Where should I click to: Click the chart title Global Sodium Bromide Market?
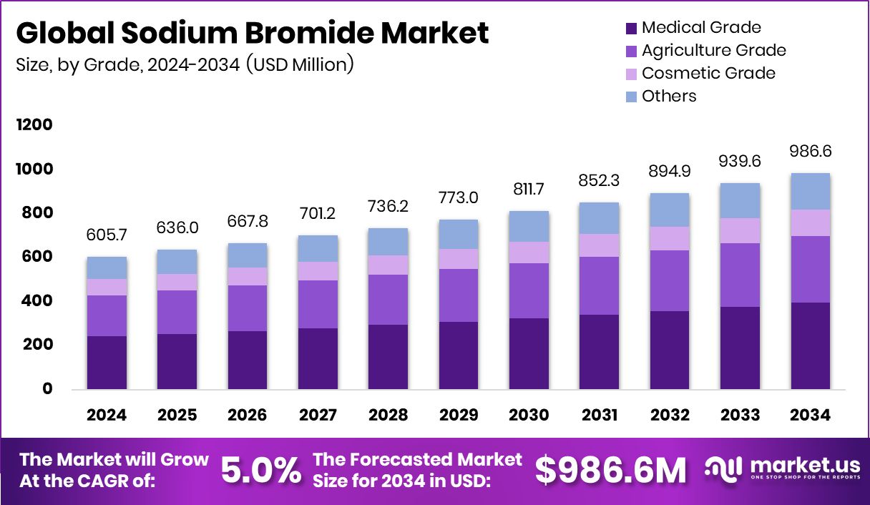253,34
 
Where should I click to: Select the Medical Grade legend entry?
700,28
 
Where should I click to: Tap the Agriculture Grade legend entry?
713,51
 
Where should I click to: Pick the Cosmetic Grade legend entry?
708,73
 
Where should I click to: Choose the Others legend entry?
668,96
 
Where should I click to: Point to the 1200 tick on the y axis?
34,125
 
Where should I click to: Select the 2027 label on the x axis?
318,416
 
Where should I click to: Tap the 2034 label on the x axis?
811,416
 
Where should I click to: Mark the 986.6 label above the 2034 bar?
811,152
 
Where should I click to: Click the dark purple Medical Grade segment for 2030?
529,353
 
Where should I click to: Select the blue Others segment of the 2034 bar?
811,192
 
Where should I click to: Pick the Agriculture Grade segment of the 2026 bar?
248,308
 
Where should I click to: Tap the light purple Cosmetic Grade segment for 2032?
670,238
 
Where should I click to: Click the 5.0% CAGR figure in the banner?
260,470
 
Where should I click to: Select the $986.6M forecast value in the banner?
610,470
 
